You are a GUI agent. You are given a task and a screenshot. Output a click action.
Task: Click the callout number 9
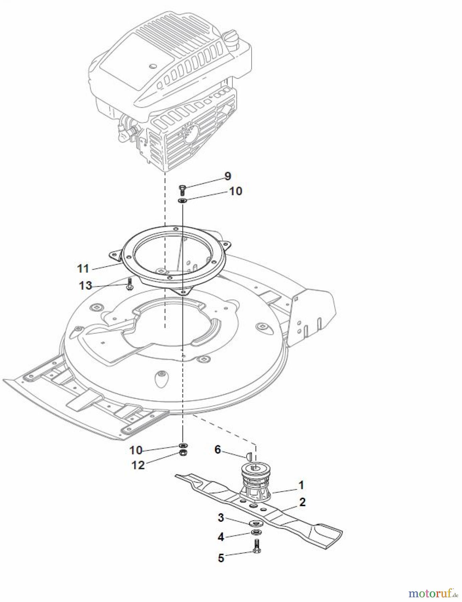(x=227, y=176)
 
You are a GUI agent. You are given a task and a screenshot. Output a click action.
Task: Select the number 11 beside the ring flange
(x=83, y=268)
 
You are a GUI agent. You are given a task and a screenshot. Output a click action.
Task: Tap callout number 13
(x=85, y=286)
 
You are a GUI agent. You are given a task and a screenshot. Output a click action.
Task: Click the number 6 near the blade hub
(x=217, y=449)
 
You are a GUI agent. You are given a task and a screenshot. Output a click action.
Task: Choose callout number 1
(x=301, y=485)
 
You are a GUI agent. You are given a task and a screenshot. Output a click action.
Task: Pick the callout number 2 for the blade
(x=302, y=502)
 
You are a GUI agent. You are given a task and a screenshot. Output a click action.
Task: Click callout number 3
(x=220, y=517)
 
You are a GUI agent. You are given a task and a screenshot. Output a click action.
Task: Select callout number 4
(x=220, y=537)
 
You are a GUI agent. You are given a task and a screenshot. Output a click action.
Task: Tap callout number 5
(x=221, y=558)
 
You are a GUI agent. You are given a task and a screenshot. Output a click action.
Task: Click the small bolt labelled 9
(x=183, y=189)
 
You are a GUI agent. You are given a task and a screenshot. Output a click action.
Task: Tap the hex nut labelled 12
(x=183, y=453)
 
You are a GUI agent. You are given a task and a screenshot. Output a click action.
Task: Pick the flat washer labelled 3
(x=256, y=523)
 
